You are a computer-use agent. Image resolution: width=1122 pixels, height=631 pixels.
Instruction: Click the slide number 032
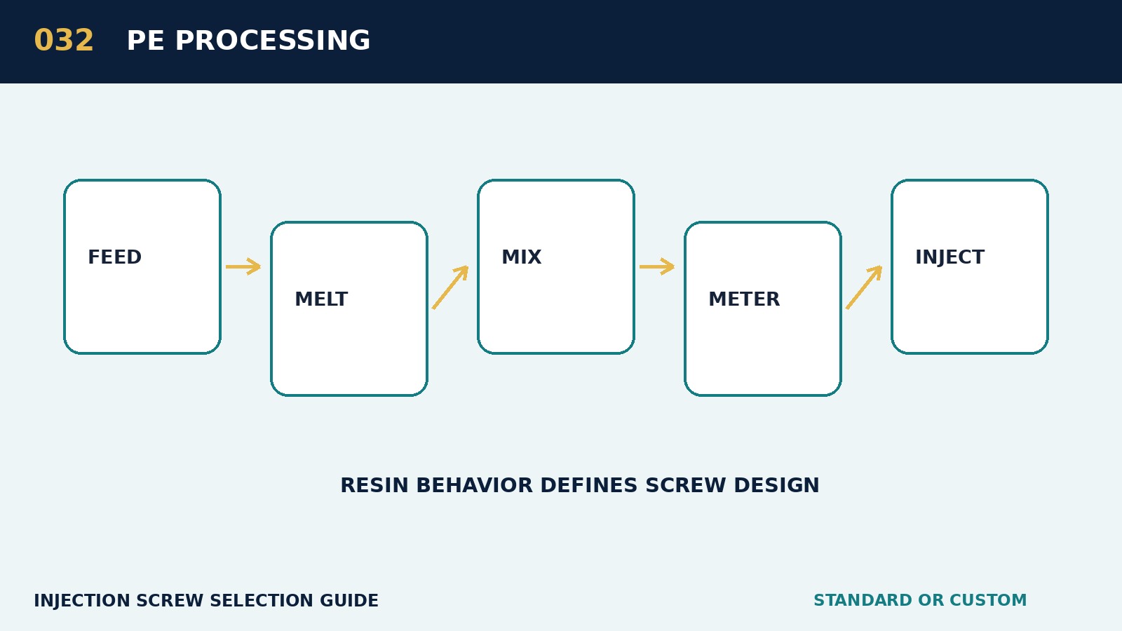pos(64,41)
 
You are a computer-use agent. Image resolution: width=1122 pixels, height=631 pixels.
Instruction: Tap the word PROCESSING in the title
pos(273,41)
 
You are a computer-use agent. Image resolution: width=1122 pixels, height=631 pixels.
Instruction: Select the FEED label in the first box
pos(115,257)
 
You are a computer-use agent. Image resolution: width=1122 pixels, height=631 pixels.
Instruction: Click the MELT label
pos(321,299)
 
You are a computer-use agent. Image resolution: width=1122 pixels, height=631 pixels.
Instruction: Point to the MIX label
pos(522,257)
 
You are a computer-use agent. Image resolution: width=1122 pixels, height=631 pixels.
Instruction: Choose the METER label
pos(744,299)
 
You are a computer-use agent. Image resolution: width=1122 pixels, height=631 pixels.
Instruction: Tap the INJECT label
pos(949,257)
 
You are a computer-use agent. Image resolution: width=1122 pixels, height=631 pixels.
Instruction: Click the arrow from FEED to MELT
pos(243,266)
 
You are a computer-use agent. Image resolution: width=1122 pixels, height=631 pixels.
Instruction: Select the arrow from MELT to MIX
pos(450,287)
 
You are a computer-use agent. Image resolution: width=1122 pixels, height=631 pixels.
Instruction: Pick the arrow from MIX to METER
pos(657,266)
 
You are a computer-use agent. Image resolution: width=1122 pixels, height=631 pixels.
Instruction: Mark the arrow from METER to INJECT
pos(864,287)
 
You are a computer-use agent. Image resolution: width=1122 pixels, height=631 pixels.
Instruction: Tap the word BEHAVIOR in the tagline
pos(474,486)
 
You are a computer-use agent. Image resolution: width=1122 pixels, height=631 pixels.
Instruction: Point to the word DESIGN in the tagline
pos(776,486)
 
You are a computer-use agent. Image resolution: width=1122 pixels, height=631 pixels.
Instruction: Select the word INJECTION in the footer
pos(82,601)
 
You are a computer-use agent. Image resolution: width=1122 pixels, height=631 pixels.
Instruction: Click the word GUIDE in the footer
pos(349,601)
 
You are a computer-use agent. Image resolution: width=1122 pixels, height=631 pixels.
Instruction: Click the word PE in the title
pos(145,41)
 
